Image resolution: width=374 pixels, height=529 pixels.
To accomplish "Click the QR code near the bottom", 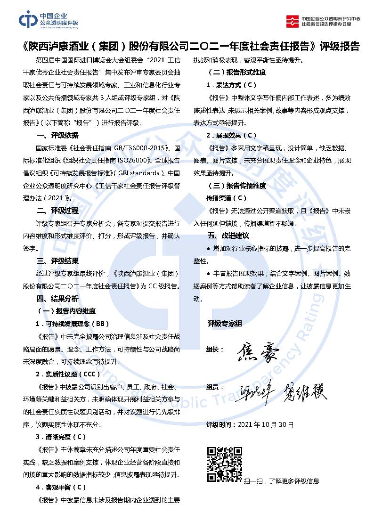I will click(x=224, y=465).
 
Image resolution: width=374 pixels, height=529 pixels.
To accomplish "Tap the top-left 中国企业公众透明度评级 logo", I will click(x=49, y=20).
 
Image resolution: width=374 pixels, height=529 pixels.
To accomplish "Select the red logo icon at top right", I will click(x=293, y=20).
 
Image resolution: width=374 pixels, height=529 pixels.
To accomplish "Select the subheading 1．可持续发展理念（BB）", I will click(x=72, y=324).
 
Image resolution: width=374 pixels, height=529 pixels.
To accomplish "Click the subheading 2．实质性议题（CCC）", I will click(x=68, y=374).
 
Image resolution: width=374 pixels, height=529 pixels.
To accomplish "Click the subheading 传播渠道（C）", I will click(x=227, y=198).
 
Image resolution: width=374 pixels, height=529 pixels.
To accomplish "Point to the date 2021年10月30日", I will click(x=266, y=424).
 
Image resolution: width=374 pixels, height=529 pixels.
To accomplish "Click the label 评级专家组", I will click(x=225, y=324).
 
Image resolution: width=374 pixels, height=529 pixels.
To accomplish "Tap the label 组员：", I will click(x=215, y=387).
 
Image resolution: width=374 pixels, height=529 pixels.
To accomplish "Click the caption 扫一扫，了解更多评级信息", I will click(x=282, y=481).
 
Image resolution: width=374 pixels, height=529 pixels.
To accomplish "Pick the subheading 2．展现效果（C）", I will click(x=231, y=135).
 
